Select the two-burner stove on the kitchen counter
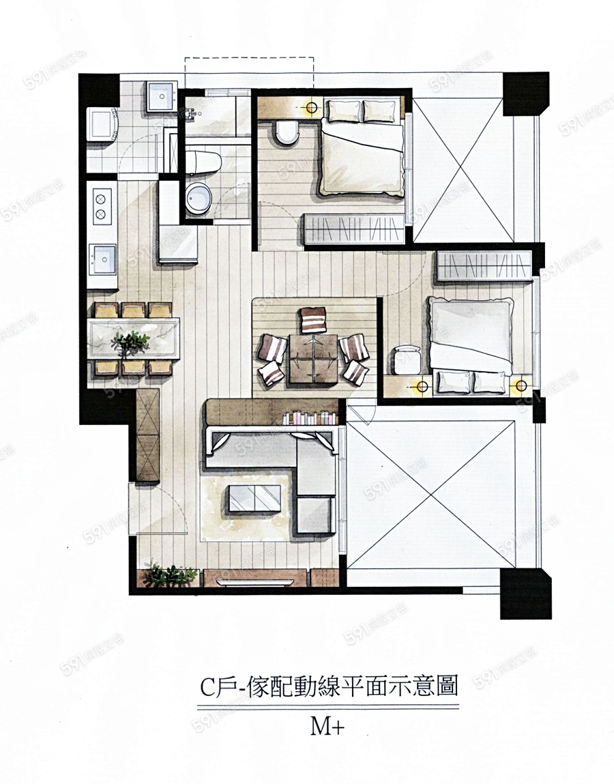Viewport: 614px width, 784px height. [x=102, y=207]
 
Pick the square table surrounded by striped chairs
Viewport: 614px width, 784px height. [x=313, y=358]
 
